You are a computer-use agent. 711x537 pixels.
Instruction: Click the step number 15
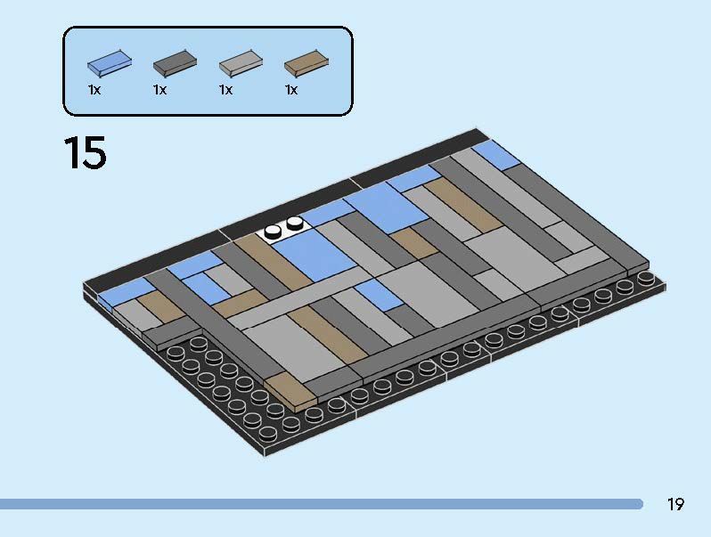[x=85, y=152]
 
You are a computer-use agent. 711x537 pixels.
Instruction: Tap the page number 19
[x=675, y=505]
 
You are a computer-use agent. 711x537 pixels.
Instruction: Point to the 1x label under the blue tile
[x=94, y=90]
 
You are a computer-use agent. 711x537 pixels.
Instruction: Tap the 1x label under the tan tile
[x=291, y=90]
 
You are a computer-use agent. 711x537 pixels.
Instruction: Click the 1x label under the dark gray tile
[x=160, y=90]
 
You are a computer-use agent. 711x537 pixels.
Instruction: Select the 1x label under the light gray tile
[x=226, y=90]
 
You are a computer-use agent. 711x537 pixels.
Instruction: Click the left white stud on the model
[x=272, y=231]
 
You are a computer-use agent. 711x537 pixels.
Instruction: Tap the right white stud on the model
[x=294, y=222]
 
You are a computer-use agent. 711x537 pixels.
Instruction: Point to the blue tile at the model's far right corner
[x=497, y=155]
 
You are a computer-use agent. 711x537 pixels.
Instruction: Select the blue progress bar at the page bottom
[x=321, y=504]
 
